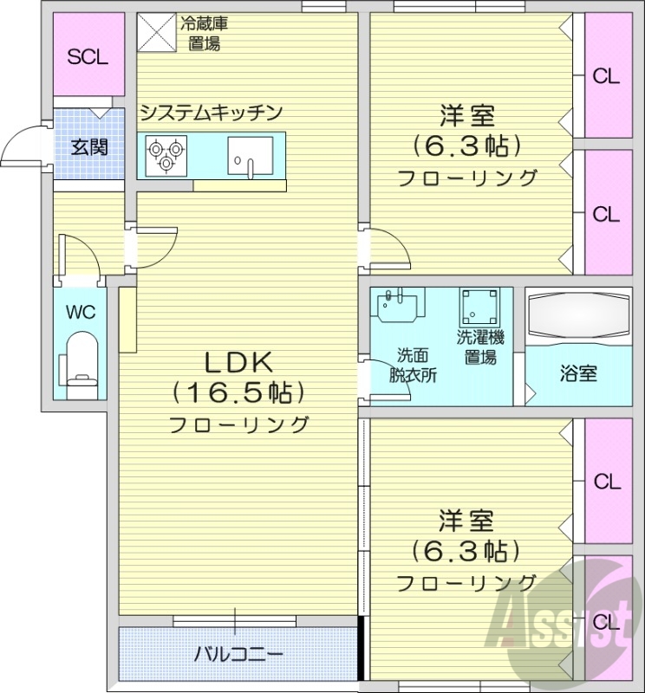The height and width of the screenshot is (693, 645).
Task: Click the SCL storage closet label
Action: (x=88, y=57)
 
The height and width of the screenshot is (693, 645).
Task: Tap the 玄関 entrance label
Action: (x=89, y=146)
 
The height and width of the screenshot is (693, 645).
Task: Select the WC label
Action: (x=81, y=312)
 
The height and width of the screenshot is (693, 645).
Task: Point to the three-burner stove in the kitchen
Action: (x=166, y=154)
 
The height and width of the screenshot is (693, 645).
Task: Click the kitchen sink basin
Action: (x=250, y=156)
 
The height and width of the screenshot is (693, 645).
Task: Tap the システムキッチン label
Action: (x=212, y=112)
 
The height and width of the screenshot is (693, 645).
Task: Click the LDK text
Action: (x=238, y=363)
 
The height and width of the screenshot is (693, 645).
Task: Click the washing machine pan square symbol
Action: (x=479, y=308)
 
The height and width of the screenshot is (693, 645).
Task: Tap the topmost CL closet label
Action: (x=606, y=76)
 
